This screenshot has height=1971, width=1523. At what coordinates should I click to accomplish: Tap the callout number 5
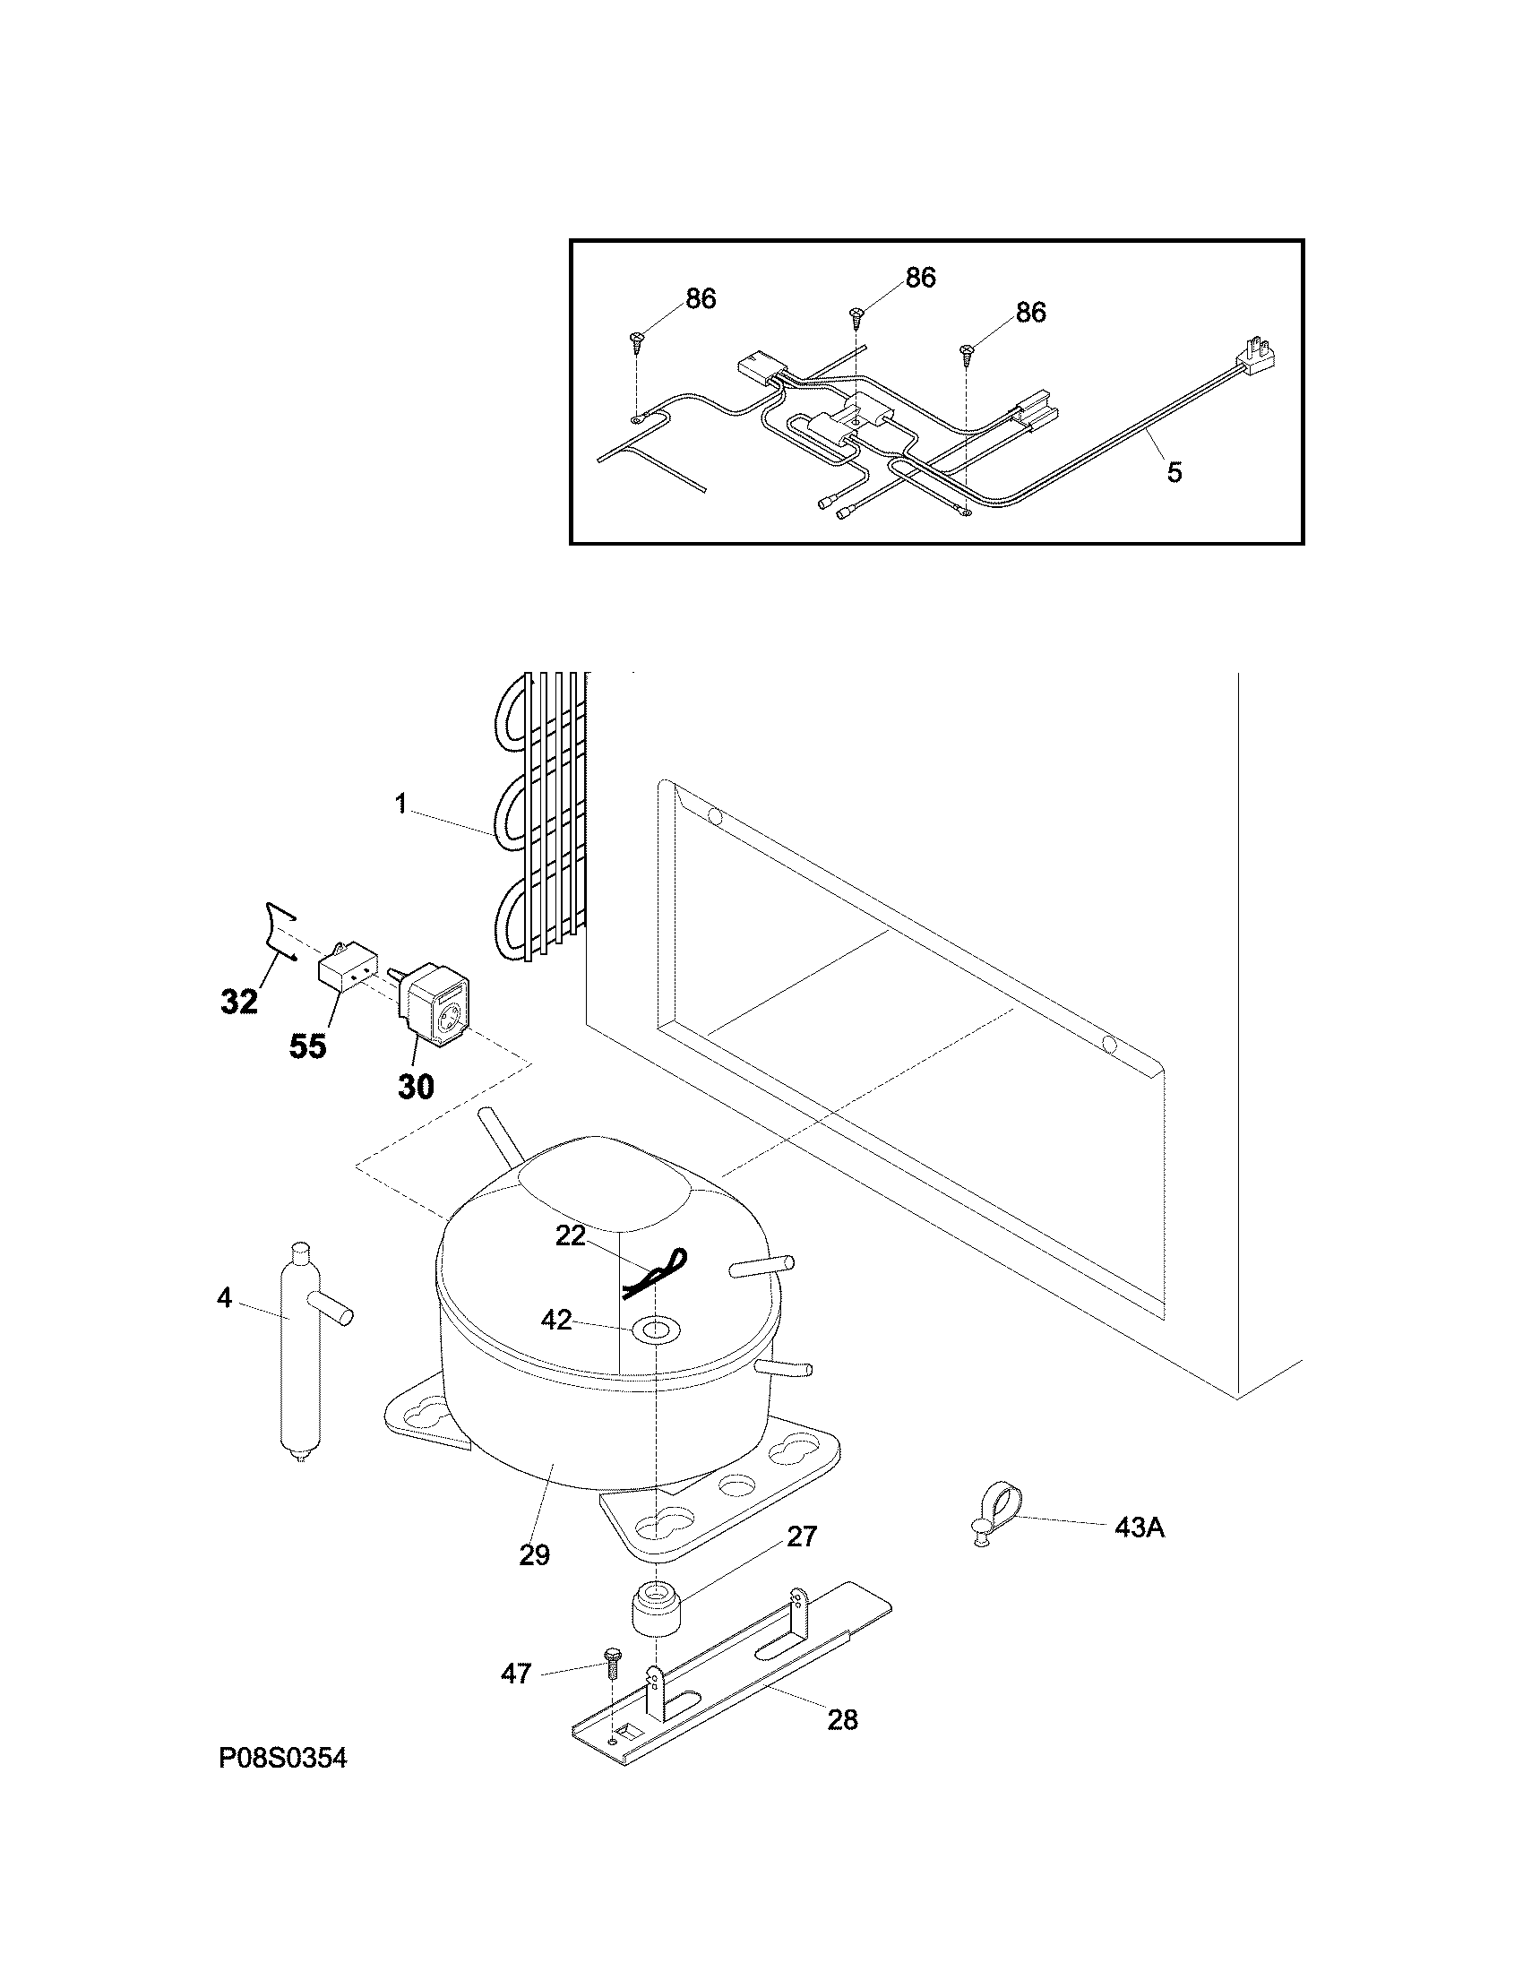(x=1174, y=472)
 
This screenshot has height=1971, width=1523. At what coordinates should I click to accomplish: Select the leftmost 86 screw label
(x=701, y=299)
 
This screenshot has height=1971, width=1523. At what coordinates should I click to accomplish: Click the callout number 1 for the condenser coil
(x=401, y=805)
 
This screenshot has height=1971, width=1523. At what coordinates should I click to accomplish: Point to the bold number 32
(x=239, y=1002)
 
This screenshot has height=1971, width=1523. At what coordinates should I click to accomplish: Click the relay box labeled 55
(x=345, y=977)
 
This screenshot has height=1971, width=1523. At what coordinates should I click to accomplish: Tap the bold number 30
(x=416, y=1088)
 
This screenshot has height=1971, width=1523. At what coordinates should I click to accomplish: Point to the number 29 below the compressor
(x=534, y=1555)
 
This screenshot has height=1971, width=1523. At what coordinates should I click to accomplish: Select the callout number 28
(x=842, y=1720)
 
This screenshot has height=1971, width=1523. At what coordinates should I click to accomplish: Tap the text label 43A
(x=1140, y=1528)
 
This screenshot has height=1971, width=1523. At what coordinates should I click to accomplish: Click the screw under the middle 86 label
(x=856, y=316)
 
